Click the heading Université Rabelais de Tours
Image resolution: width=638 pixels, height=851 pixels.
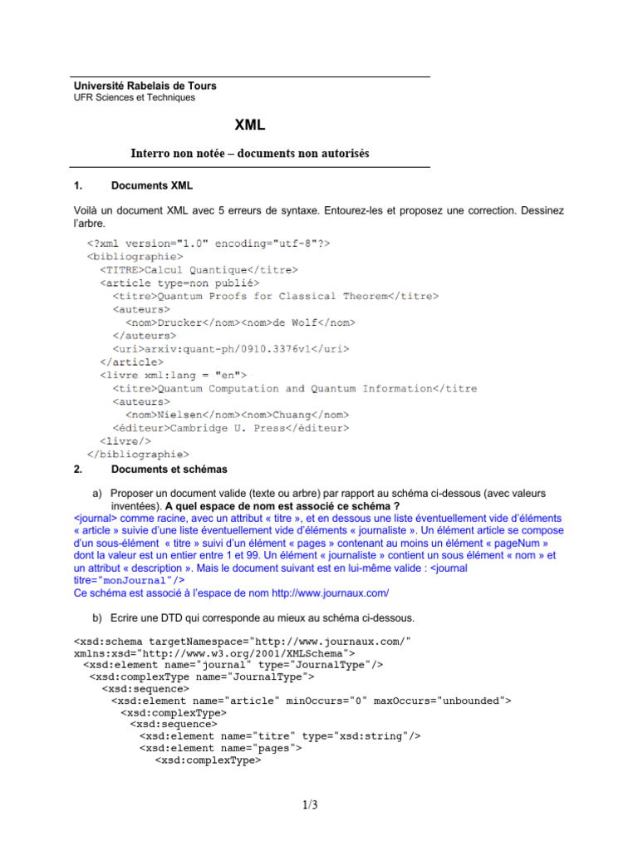[x=145, y=86]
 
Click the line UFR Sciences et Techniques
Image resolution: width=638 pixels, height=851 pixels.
[x=135, y=97]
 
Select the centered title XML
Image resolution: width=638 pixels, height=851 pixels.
[x=249, y=125]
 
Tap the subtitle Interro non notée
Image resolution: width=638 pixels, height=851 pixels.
[x=249, y=154]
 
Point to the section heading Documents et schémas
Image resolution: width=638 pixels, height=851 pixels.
[x=169, y=470]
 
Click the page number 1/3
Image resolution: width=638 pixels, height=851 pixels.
[x=311, y=804]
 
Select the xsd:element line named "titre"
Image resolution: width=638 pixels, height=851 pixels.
[x=280, y=735]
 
